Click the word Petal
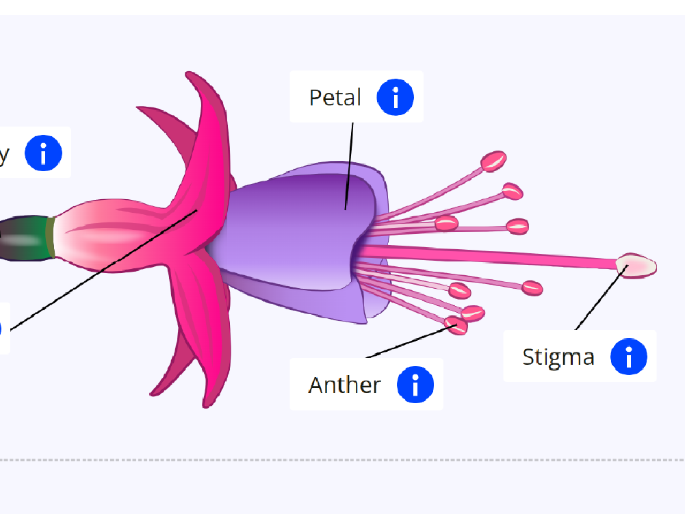[335, 97]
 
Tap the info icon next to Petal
[396, 97]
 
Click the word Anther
[344, 385]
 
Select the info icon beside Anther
[415, 384]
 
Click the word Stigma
[558, 357]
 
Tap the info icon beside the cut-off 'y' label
[44, 153]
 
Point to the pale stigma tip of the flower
[636, 265]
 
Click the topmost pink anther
[493, 162]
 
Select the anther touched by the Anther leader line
[456, 324]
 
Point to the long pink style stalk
[493, 257]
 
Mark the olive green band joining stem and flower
[50, 237]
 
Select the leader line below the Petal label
[350, 164]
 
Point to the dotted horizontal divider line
[342, 460]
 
